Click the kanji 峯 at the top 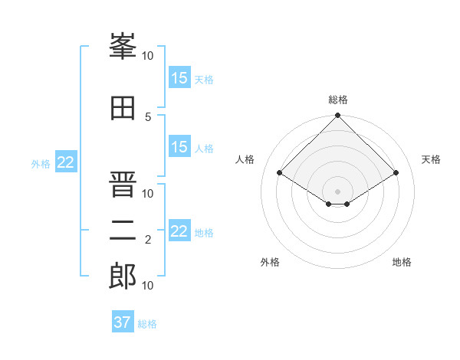click(x=123, y=46)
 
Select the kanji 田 click(x=123, y=108)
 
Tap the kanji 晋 click(x=123, y=184)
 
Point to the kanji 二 click(x=123, y=231)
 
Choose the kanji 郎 click(x=123, y=276)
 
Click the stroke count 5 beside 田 click(x=148, y=117)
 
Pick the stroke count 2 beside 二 click(x=148, y=240)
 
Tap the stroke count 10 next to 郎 click(x=147, y=286)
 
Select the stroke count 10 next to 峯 click(x=147, y=56)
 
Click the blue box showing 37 click(x=123, y=321)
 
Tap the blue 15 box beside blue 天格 click(x=180, y=77)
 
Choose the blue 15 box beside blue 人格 click(x=180, y=146)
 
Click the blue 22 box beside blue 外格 click(x=66, y=162)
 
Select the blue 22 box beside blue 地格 click(x=180, y=230)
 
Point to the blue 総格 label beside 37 click(x=147, y=324)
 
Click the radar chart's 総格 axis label click(x=338, y=100)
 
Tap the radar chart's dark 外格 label click(x=270, y=262)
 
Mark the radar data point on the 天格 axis click(x=396, y=172)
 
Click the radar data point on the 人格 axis click(x=280, y=172)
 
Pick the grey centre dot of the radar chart click(x=337, y=191)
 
